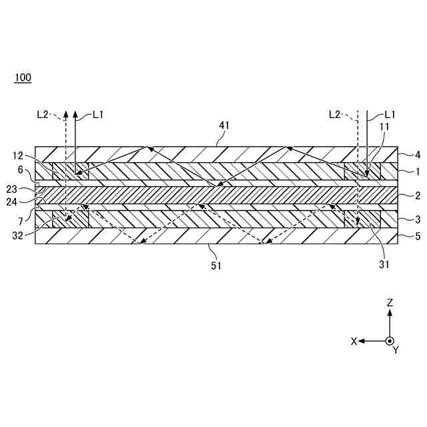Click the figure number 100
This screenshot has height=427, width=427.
coord(23,77)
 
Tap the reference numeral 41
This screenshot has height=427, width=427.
coord(224,124)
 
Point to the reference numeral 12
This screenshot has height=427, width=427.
coord(18,155)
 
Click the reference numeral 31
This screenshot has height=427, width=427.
coord(384,263)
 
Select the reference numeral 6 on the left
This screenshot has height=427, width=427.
coord(21,169)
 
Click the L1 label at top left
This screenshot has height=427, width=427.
coord(98,114)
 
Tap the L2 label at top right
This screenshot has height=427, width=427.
coord(336,114)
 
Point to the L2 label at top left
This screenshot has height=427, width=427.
coord(43,114)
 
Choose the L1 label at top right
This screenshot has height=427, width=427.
coord(390,114)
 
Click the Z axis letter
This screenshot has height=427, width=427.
coord(390,302)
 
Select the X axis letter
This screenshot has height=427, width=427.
coord(354,341)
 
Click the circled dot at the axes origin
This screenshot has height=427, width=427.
coord(390,340)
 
